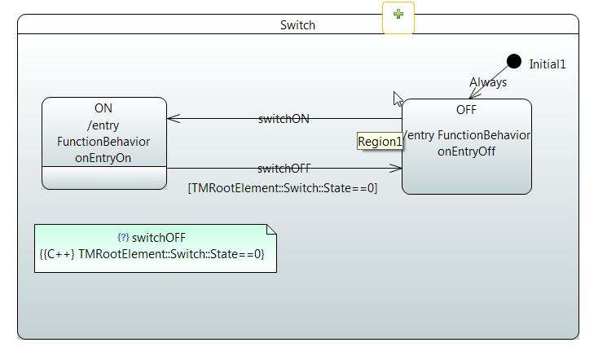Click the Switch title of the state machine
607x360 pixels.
[x=297, y=24]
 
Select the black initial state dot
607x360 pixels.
[x=513, y=61]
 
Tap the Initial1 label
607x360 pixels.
[x=547, y=64]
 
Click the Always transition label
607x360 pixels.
[x=488, y=82]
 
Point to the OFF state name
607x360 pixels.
[x=466, y=109]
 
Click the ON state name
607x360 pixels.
[x=103, y=108]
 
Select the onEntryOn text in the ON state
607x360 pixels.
[x=103, y=158]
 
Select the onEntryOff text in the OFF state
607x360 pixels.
[x=467, y=151]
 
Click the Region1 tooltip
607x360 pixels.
[x=380, y=142]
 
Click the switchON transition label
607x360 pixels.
[x=283, y=118]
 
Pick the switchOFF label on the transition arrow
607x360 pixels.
[x=284, y=169]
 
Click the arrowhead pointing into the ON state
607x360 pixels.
[x=172, y=119]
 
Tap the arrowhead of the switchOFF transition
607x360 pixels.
[x=398, y=169]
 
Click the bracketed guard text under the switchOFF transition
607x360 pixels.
[x=283, y=188]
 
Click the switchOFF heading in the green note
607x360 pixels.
[x=158, y=238]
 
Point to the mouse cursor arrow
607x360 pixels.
[x=398, y=99]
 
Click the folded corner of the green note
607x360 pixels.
[x=271, y=230]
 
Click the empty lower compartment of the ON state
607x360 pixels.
[x=103, y=178]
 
